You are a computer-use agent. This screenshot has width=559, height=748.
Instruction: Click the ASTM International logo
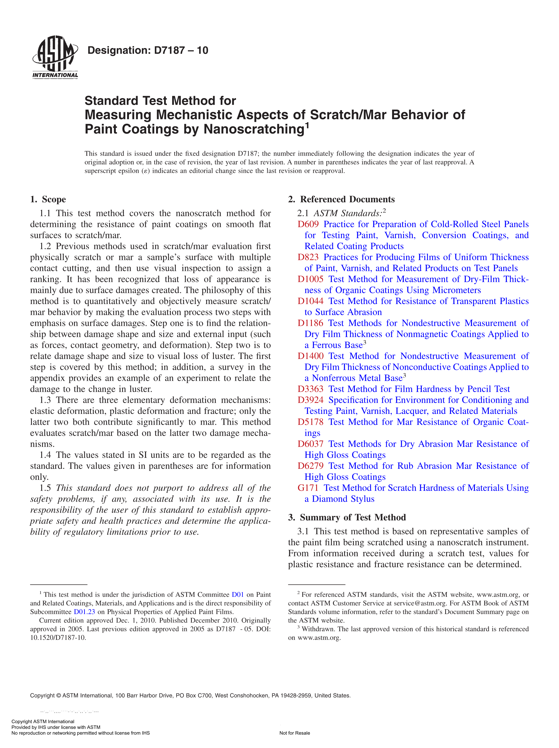coord(55,57)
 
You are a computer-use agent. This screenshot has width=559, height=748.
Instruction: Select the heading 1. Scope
coord(48,199)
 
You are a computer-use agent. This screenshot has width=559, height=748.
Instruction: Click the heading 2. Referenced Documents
coord(341,199)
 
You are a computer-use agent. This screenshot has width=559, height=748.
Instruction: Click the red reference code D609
coord(308,224)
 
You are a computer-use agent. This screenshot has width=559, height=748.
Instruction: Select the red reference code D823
coord(308,257)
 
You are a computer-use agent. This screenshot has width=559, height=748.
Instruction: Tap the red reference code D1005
coord(310,279)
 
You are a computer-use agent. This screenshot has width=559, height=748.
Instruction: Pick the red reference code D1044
coord(310,301)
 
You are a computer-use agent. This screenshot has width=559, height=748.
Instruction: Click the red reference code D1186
coord(310,323)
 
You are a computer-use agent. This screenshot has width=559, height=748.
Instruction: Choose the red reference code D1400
coord(310,356)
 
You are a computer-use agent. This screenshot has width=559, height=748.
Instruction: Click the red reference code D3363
coord(310,389)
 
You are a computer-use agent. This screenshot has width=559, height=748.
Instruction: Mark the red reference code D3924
coord(310,400)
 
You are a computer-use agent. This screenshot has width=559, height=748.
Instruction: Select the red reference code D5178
coord(310,422)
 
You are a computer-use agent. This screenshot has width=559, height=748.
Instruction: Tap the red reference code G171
coord(308,488)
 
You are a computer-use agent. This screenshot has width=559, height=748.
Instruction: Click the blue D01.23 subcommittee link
coord(84,612)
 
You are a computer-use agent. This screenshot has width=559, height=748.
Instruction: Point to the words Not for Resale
coord(294,733)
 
